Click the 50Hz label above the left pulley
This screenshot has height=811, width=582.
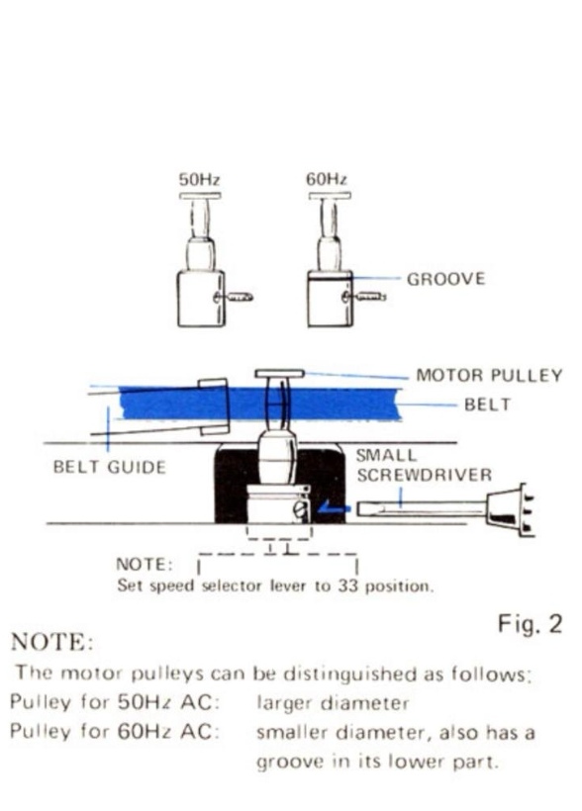199,179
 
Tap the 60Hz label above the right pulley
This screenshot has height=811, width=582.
327,179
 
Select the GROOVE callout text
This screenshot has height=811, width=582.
445,279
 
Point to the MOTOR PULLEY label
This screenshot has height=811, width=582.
489,375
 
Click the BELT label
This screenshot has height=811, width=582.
487,404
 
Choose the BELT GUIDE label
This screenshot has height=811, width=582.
109,467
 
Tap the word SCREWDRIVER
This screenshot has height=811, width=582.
424,475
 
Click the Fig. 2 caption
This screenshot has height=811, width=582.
530,624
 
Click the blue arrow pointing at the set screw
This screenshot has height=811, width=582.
334,508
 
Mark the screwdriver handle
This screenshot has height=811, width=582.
509,509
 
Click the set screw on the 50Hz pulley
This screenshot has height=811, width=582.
234,297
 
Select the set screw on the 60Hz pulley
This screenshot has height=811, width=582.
364,297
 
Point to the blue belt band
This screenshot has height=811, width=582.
260,404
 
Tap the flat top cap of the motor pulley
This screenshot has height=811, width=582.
279,374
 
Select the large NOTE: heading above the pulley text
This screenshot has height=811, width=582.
51,643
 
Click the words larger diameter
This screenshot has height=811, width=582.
333,703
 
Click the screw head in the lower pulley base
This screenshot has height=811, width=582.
301,509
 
